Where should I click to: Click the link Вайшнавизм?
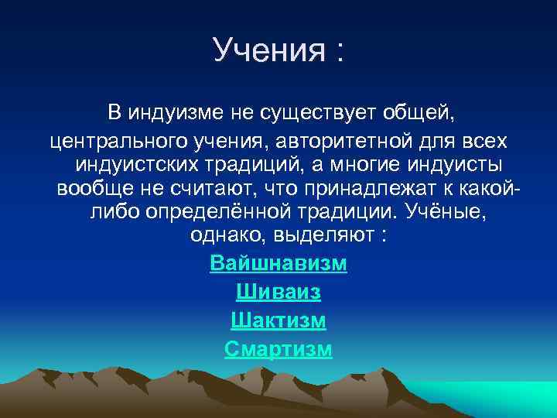(x=278, y=264)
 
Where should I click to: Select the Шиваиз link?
(x=278, y=293)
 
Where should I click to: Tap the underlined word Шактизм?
(x=278, y=320)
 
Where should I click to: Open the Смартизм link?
(x=278, y=349)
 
